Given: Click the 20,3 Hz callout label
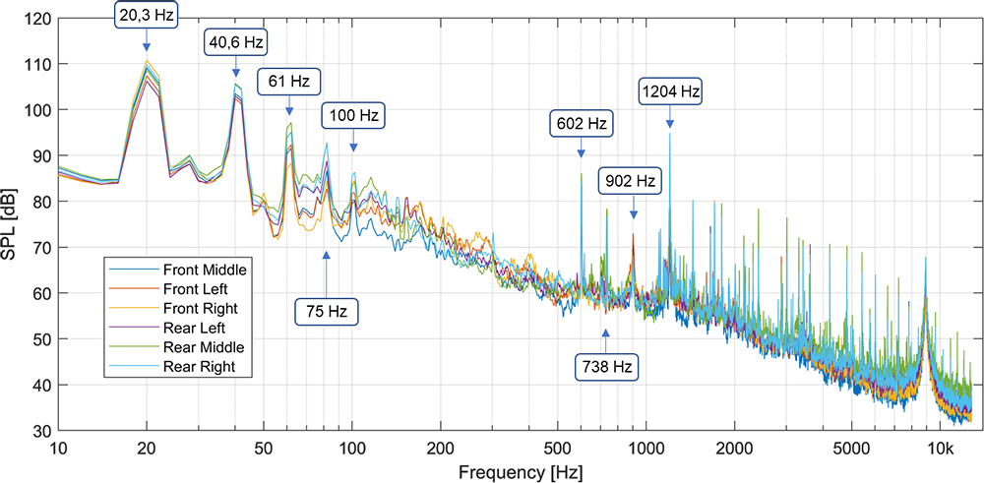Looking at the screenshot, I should [147, 15].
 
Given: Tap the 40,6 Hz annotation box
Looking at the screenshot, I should [236, 42].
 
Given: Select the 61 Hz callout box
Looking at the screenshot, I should [289, 81].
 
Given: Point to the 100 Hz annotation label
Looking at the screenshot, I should [353, 115].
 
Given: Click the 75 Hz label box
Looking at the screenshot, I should [326, 311].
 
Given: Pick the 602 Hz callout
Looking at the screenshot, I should [581, 124].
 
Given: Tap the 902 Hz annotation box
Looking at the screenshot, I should [632, 182].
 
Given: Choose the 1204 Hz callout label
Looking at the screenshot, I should [670, 92].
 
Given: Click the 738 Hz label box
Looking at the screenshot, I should [606, 367].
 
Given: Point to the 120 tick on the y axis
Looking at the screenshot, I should [39, 19].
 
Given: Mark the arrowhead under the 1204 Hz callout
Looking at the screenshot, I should [670, 123].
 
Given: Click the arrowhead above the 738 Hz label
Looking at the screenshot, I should [606, 332].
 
